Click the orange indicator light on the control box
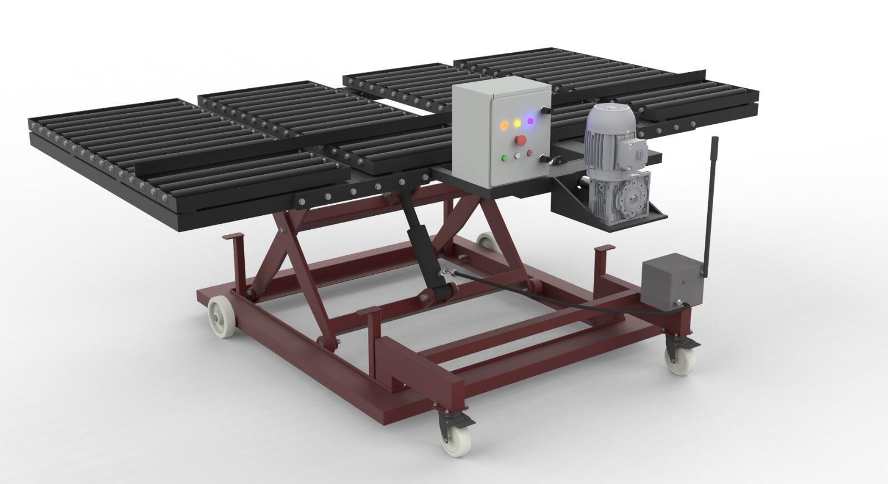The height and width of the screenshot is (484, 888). click(x=504, y=124)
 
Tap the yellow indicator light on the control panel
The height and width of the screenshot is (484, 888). click(x=517, y=122)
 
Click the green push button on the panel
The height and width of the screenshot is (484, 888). click(x=504, y=158)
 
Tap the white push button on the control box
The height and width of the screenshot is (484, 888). click(x=517, y=155)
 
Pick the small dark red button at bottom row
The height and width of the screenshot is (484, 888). click(x=529, y=153)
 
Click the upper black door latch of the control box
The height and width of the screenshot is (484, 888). click(x=546, y=112)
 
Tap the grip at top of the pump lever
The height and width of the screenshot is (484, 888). click(x=715, y=150)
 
